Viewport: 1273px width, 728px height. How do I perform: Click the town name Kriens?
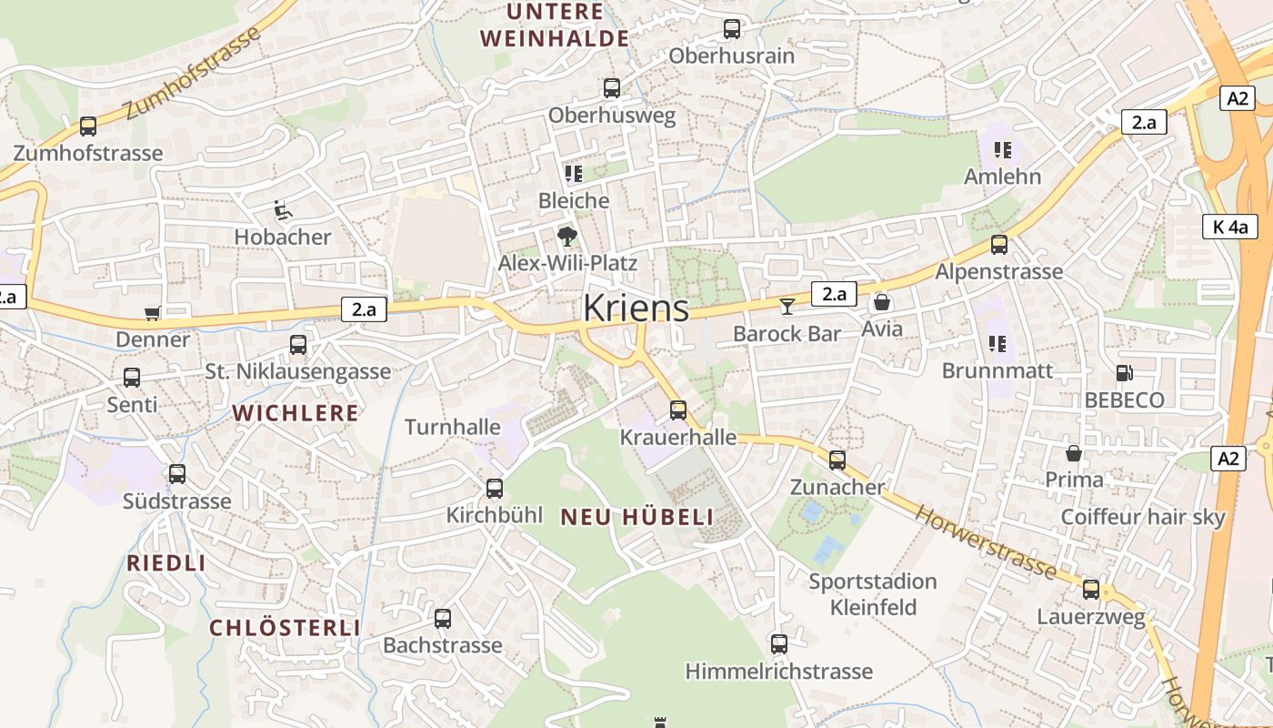(x=636, y=308)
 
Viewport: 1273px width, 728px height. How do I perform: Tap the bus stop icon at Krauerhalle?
(x=678, y=410)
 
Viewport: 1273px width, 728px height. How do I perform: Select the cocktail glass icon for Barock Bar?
(x=787, y=306)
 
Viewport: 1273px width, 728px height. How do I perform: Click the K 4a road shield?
(x=1230, y=227)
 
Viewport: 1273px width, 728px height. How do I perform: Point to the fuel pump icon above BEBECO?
(x=1125, y=373)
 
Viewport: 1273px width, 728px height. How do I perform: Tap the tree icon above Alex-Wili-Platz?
(x=567, y=237)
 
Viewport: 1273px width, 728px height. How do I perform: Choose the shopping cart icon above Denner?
(x=153, y=314)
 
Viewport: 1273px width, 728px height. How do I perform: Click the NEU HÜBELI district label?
(x=636, y=517)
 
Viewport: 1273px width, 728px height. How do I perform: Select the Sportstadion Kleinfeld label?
(x=873, y=594)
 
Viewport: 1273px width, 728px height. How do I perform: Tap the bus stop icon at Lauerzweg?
(x=1091, y=590)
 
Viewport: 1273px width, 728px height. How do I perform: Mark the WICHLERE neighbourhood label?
(x=296, y=413)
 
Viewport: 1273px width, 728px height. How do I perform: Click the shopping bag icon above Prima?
(x=1074, y=453)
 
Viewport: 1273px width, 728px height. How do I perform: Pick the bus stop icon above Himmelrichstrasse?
(x=779, y=644)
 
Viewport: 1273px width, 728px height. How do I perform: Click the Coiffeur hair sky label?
(x=1143, y=517)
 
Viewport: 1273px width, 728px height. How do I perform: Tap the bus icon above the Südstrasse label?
(x=177, y=474)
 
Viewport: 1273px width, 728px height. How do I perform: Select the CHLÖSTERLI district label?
(x=285, y=628)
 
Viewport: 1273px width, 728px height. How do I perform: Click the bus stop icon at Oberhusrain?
(x=732, y=29)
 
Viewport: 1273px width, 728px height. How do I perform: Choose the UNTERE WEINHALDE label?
(x=555, y=25)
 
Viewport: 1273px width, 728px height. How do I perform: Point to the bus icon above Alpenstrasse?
(x=999, y=245)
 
